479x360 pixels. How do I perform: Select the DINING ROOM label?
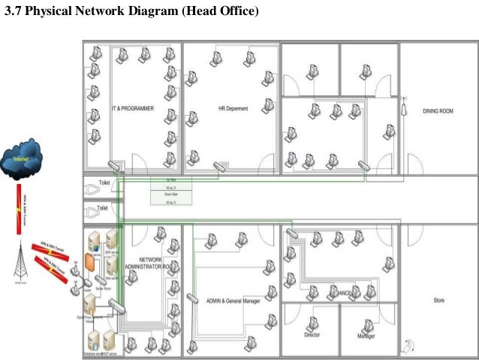pos(438,111)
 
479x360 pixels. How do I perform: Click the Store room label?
pos(438,301)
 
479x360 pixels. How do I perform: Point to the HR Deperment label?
pos(233,108)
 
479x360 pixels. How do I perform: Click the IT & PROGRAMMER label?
pos(133,108)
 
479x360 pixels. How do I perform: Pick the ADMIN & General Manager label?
pos(233,301)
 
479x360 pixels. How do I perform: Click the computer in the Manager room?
pos(367,325)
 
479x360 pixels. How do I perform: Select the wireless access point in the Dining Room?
pos(403,105)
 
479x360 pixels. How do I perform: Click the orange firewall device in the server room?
pos(89,262)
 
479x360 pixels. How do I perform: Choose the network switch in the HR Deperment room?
pos(219,167)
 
